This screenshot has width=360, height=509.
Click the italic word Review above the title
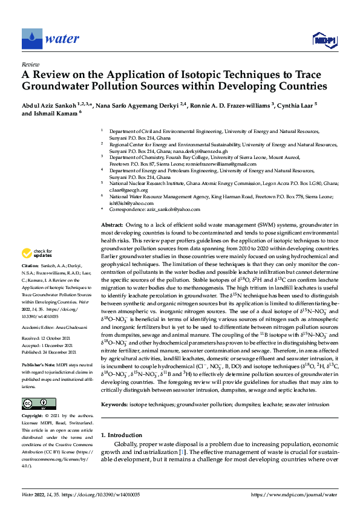[30, 63]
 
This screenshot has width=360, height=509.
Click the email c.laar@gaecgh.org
[124, 190]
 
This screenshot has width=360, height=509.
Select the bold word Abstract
[112, 224]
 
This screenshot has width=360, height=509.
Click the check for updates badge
[37, 254]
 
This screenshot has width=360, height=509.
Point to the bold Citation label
[31, 265]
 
